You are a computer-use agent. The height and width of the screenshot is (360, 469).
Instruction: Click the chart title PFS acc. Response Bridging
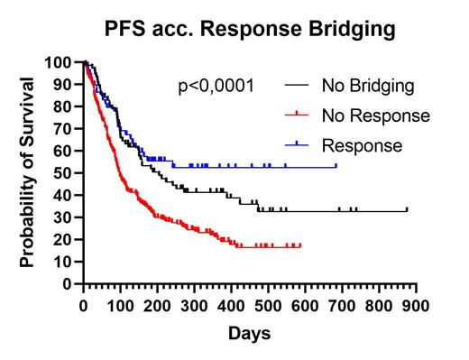tap(248, 29)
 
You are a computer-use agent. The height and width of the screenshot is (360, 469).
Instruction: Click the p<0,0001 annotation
tap(216, 87)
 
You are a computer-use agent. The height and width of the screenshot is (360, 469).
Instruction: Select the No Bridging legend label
tap(367, 87)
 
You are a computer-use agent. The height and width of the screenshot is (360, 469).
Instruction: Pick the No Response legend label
tap(374, 115)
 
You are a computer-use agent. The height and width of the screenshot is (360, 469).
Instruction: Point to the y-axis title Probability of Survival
tap(28, 171)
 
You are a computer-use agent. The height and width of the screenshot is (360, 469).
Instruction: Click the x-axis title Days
tap(249, 334)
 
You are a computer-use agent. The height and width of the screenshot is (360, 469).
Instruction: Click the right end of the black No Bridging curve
tap(407, 210)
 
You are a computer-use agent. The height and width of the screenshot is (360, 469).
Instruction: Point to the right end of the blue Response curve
tap(336, 166)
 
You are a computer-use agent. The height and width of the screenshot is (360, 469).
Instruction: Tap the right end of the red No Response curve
tap(300, 245)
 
